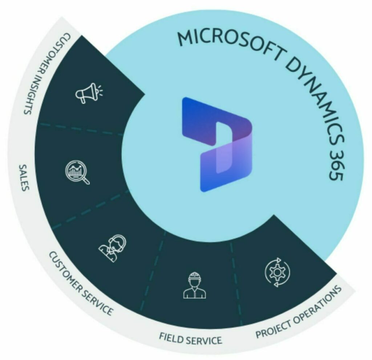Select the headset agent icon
click(113, 245)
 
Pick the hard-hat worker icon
click(194, 285)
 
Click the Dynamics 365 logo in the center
click(217, 144)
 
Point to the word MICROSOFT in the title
click(227, 43)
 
